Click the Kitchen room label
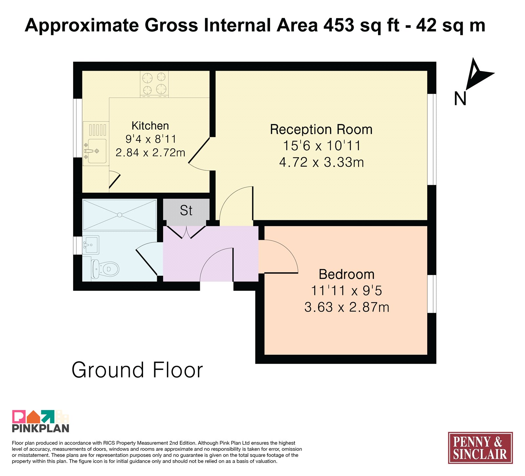pyautogui.click(x=150, y=126)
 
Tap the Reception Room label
pyautogui.click(x=321, y=130)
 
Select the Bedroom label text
pyautogui.click(x=346, y=274)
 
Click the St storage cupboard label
pyautogui.click(x=186, y=210)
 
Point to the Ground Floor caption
pyautogui.click(x=137, y=370)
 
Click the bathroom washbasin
pyautogui.click(x=90, y=245)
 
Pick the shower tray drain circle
pyautogui.click(x=120, y=215)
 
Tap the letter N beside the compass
pyautogui.click(x=460, y=98)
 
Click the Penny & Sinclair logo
pyautogui.click(x=480, y=448)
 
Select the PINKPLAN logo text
pyautogui.click(x=41, y=428)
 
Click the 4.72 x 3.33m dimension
pyautogui.click(x=322, y=162)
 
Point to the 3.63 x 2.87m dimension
pyautogui.click(x=347, y=307)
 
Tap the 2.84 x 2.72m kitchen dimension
pyautogui.click(x=150, y=153)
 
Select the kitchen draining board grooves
pyautogui.click(x=98, y=130)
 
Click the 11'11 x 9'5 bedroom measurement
pyautogui.click(x=346, y=291)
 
